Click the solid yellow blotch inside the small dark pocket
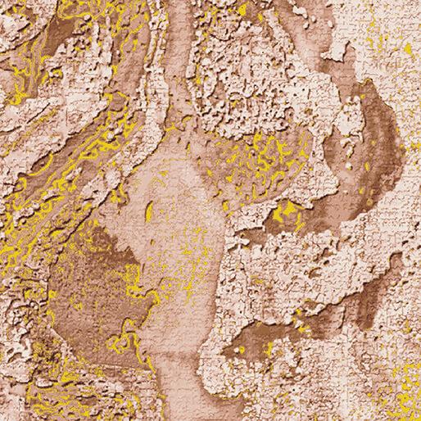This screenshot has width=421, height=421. [286, 214]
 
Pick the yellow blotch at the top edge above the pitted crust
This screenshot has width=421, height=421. [241, 10]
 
